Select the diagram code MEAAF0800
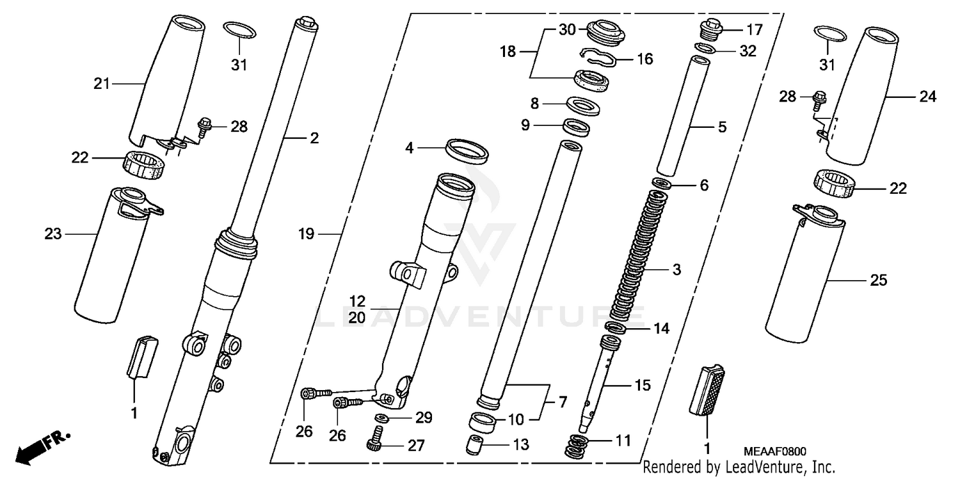(775, 452)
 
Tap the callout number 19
(307, 235)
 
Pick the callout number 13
(521, 445)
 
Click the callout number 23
(53, 234)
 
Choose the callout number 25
(878, 280)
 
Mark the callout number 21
(102, 83)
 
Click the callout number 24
(927, 97)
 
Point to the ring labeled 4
(467, 151)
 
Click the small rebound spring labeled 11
(579, 445)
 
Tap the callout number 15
(642, 385)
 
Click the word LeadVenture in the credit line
(755, 467)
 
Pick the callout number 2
(314, 137)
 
